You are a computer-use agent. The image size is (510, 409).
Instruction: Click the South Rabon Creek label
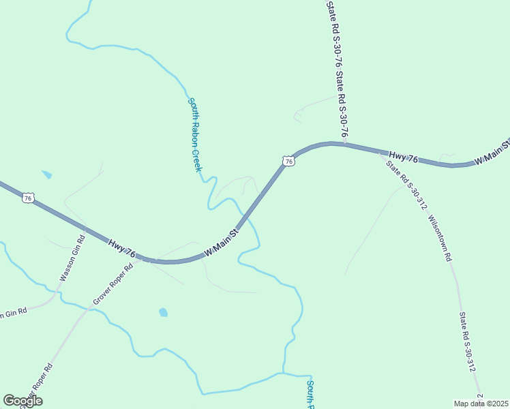(196, 134)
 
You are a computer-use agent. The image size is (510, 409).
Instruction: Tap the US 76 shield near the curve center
(288, 162)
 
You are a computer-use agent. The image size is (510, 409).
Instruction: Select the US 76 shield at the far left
(27, 198)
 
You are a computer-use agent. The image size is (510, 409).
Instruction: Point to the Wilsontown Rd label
(440, 239)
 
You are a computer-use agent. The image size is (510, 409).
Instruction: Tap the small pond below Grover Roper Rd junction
(163, 313)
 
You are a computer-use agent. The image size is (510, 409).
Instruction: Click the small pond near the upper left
(46, 175)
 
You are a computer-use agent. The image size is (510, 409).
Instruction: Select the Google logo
(22, 401)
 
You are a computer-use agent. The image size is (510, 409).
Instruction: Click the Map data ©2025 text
(481, 404)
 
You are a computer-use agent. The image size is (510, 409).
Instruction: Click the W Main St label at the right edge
(492, 151)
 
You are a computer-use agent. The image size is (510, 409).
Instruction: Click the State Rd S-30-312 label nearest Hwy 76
(406, 182)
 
